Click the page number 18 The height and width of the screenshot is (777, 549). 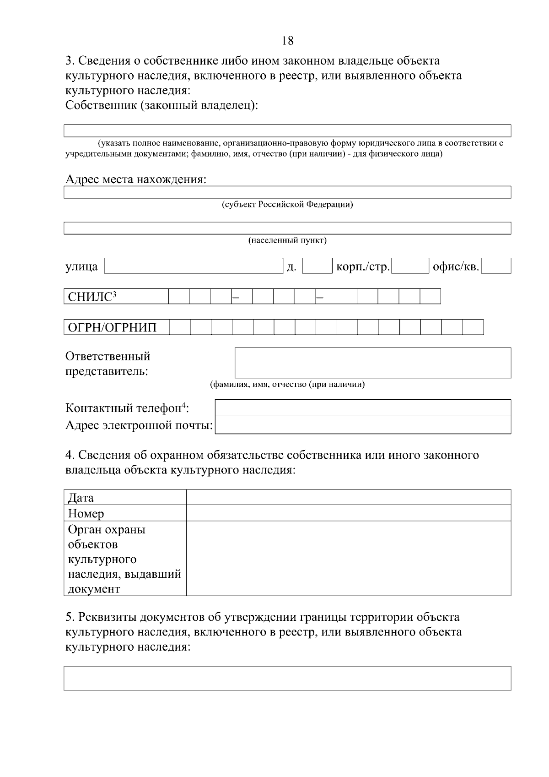[x=287, y=41]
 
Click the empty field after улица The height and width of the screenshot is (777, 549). [x=194, y=266]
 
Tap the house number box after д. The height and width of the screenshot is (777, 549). [x=317, y=266]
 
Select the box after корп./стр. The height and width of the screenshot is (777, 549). [x=410, y=266]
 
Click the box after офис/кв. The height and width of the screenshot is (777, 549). [x=496, y=266]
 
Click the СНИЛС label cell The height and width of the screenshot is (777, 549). [x=116, y=297]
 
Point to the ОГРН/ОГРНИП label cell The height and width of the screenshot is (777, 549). [x=116, y=327]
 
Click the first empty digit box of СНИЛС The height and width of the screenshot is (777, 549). [x=179, y=297]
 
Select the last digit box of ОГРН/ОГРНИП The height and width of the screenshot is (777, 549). [x=473, y=327]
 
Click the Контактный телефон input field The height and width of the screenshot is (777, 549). [x=362, y=408]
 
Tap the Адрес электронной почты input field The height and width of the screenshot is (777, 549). [x=362, y=424]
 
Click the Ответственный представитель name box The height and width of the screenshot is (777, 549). [x=372, y=363]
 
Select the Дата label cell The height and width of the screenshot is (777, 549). [x=125, y=497]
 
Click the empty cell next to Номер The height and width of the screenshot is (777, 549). [x=348, y=513]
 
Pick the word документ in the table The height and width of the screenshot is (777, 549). [x=94, y=589]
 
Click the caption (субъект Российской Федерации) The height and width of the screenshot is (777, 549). [x=287, y=205]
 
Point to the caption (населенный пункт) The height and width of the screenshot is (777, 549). [x=287, y=240]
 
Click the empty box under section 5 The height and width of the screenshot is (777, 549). [x=287, y=678]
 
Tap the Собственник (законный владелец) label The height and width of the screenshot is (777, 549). [x=162, y=105]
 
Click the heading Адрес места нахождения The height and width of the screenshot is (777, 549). [x=136, y=179]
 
